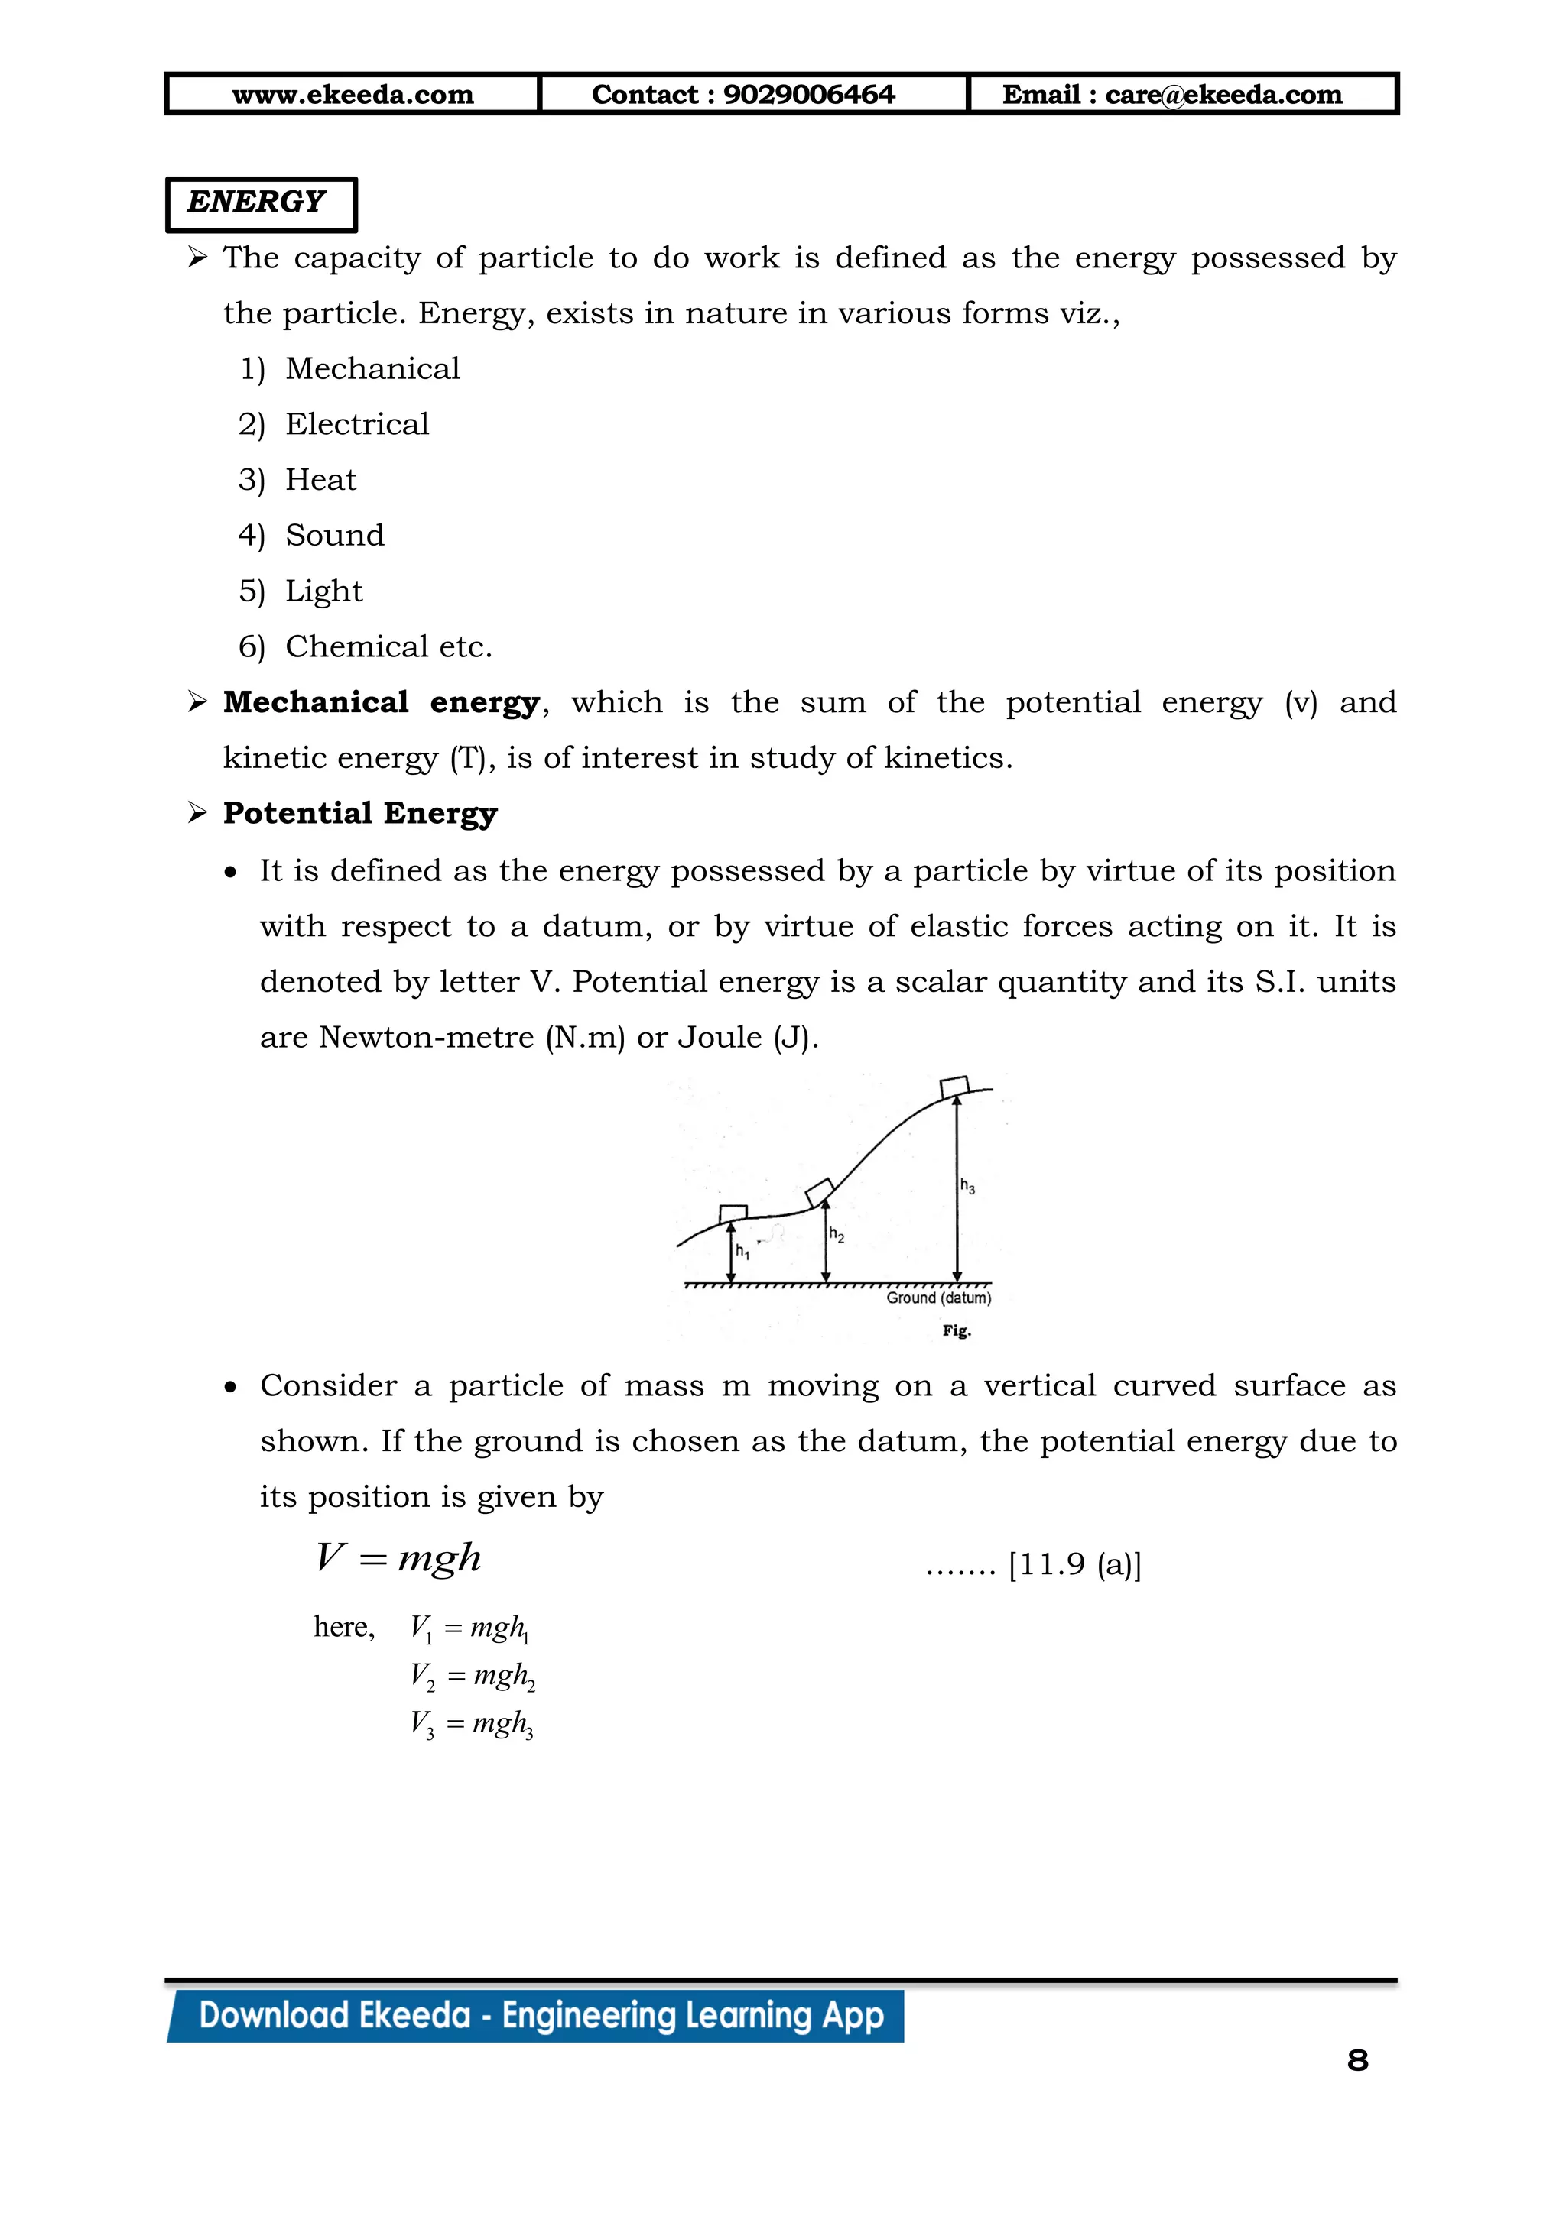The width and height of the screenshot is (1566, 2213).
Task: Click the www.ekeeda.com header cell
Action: point(353,95)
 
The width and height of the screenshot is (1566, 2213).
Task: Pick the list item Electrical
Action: point(357,424)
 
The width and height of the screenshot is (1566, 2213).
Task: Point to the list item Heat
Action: point(320,480)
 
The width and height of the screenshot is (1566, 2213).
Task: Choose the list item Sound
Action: point(335,535)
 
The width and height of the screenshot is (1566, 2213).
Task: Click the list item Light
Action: point(324,591)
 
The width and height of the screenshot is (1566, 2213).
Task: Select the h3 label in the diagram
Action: point(967,1187)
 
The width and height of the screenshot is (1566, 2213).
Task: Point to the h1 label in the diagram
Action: point(742,1252)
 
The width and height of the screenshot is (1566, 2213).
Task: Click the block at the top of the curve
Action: point(954,1087)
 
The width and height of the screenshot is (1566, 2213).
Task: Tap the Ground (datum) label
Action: point(938,1298)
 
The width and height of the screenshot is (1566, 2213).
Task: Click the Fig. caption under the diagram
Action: point(957,1331)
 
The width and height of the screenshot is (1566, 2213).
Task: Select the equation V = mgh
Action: point(398,1557)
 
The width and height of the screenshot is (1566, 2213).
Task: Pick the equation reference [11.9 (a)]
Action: point(1074,1563)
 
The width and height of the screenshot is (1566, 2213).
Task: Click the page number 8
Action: point(1356,2061)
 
